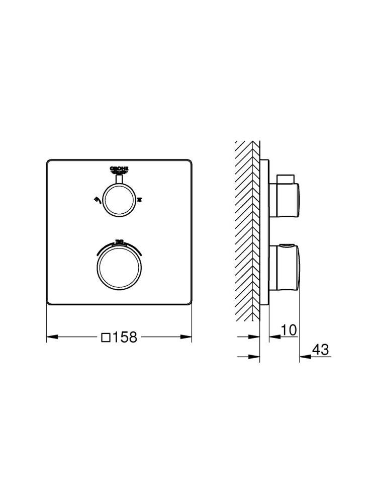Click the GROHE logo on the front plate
119,169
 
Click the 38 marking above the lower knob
120,241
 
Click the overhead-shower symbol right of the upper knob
139,200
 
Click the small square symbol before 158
107,337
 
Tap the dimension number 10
289,330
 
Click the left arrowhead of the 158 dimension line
50,337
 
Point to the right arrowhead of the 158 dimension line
188,337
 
